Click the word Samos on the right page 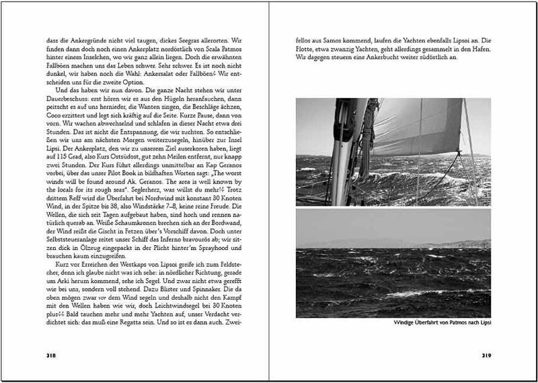point(341,40)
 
